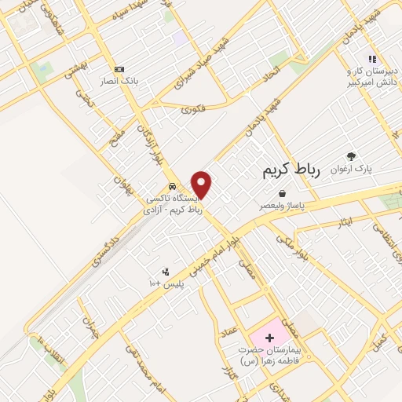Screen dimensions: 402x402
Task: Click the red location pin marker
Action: pyautogui.click(x=202, y=184)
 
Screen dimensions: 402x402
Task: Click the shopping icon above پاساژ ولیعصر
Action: pyautogui.click(x=281, y=193)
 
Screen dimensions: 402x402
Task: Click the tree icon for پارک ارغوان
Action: pyautogui.click(x=350, y=156)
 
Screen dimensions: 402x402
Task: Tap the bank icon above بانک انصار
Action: pyautogui.click(x=119, y=69)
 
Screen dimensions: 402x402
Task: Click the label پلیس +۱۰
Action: pyautogui.click(x=166, y=283)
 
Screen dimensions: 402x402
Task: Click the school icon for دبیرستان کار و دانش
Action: pyautogui.click(x=372, y=59)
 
